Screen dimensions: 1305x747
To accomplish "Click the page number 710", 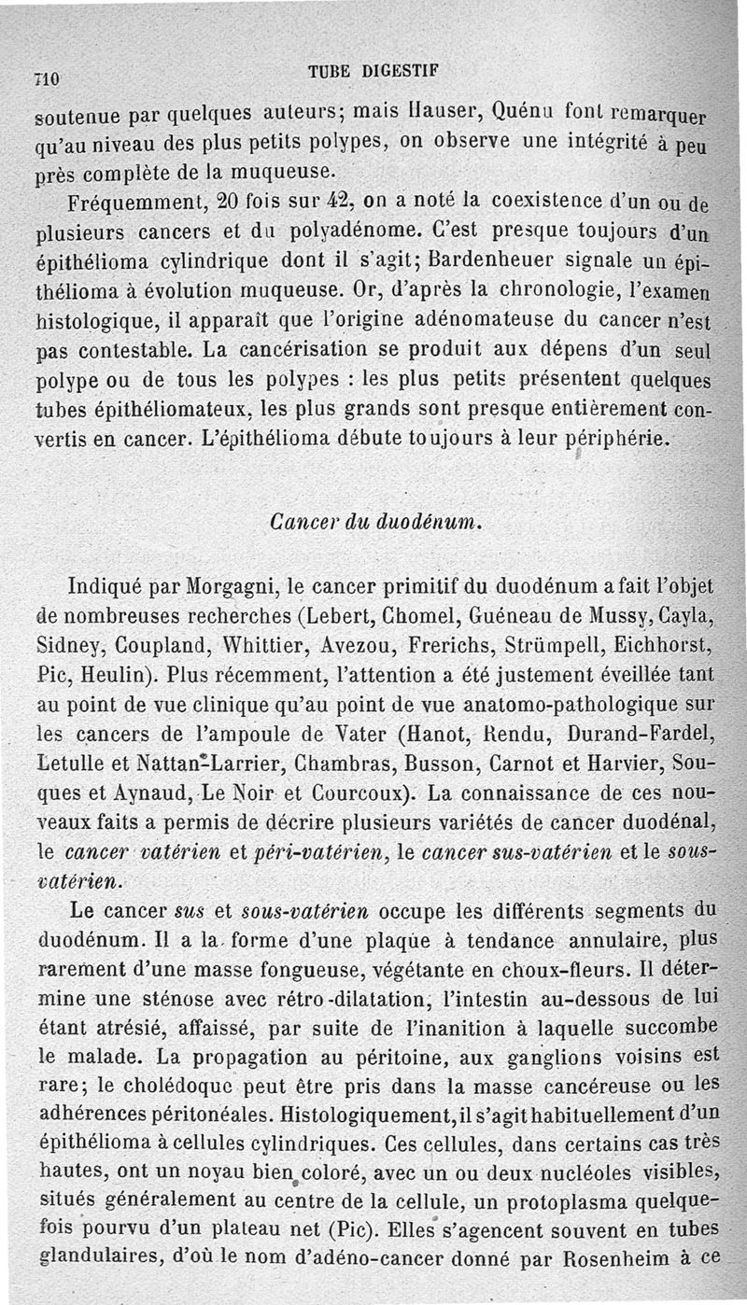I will [x=46, y=79].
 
